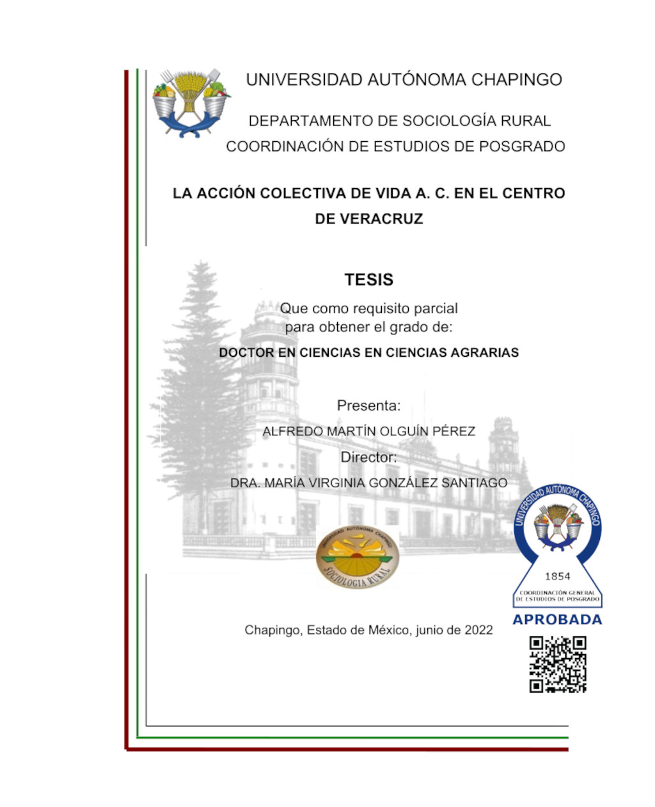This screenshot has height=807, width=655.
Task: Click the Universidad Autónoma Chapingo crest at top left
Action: click(x=191, y=102)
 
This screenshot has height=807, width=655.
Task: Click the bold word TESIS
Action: click(x=368, y=280)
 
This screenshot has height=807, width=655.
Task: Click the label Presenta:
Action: click(x=368, y=405)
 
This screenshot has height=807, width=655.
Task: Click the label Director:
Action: click(x=368, y=458)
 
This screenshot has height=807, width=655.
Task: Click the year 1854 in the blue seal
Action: click(x=557, y=576)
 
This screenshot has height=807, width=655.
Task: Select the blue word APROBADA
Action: click(x=557, y=620)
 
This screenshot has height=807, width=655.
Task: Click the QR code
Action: click(x=558, y=664)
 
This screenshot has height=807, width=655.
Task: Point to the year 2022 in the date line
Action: click(x=478, y=631)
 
